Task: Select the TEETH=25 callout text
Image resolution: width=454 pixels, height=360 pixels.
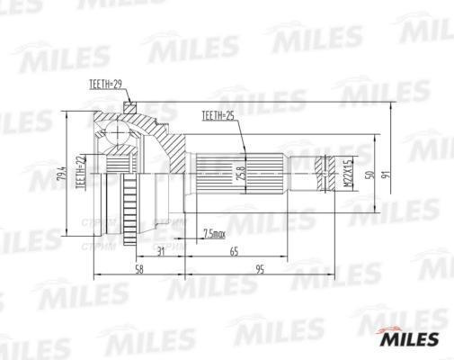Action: (x=217, y=116)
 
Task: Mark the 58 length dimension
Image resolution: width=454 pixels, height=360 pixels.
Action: (x=139, y=269)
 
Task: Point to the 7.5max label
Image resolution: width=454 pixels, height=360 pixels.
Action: (x=214, y=235)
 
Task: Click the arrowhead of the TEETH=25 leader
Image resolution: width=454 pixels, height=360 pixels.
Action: (x=244, y=148)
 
